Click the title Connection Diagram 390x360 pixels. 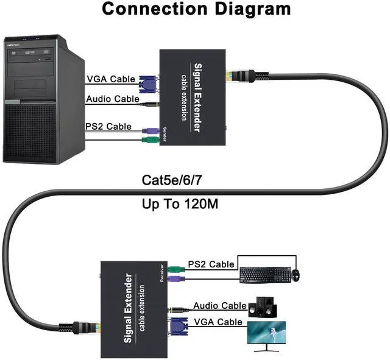tap(196, 9)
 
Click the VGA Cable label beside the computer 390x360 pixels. tap(110, 79)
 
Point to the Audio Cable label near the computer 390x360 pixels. tap(112, 99)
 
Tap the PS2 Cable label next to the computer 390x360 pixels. tap(108, 127)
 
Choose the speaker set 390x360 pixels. tap(263, 306)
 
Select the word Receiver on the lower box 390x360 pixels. tap(162, 272)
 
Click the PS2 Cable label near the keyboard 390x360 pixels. tap(211, 264)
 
